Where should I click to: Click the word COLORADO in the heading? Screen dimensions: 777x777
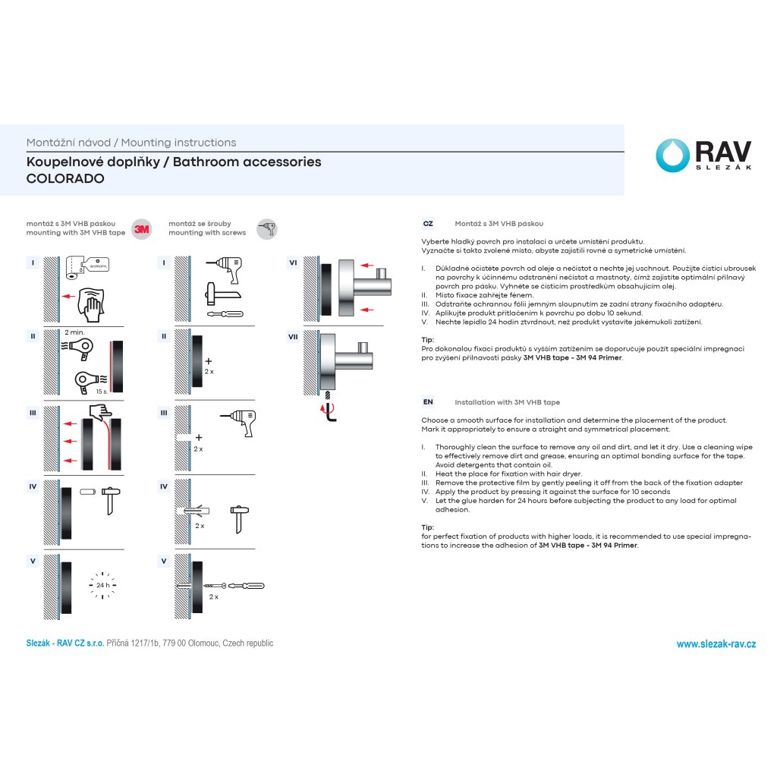[65, 179]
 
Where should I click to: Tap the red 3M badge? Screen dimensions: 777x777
[141, 228]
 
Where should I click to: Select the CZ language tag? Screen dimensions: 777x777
[428, 224]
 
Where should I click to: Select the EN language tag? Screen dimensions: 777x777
[428, 402]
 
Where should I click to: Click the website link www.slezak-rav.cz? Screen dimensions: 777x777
[716, 644]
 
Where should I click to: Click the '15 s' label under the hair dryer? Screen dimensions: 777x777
[101, 392]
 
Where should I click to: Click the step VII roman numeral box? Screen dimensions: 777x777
[293, 337]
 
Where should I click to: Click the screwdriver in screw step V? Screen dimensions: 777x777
[246, 586]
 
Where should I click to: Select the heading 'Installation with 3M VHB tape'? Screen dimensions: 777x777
[507, 402]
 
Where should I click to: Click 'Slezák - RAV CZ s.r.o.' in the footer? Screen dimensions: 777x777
[65, 643]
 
